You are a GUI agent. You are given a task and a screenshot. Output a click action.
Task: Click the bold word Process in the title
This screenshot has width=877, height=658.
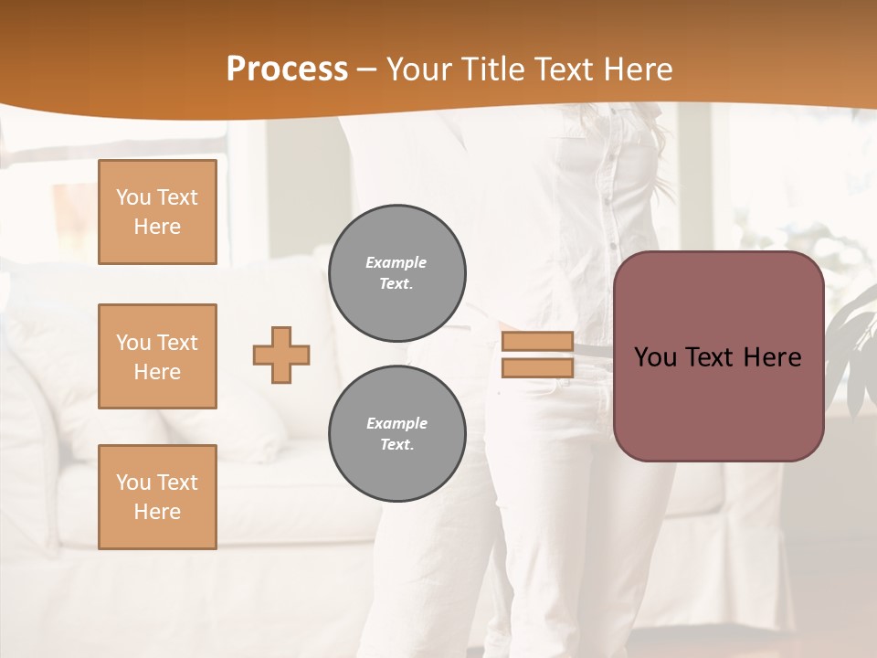(287, 69)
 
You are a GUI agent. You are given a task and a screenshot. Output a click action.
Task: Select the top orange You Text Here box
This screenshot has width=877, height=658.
(157, 212)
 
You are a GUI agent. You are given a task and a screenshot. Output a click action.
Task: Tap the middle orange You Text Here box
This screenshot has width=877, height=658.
(157, 356)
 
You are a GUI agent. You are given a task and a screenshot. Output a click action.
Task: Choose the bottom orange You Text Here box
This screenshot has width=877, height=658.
(157, 497)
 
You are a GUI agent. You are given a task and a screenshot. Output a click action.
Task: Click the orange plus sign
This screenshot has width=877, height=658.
(281, 355)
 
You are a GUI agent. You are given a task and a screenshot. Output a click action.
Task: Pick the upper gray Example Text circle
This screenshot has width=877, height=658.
(397, 273)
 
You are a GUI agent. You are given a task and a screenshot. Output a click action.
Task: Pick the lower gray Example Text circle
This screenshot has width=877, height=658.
(397, 434)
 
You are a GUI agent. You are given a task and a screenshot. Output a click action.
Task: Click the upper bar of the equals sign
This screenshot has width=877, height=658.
(537, 342)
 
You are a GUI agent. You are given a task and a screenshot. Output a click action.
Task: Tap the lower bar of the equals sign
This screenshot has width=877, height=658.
(537, 367)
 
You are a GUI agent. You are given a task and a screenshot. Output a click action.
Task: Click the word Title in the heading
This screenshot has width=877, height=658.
(493, 69)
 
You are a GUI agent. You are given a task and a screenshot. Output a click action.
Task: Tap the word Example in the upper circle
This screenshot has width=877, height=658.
(396, 262)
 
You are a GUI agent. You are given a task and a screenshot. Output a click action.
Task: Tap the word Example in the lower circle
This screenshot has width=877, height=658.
(396, 423)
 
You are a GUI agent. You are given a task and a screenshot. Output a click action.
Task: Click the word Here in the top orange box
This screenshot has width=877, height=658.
(157, 227)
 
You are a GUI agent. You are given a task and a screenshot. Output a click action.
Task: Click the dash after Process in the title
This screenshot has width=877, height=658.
(366, 69)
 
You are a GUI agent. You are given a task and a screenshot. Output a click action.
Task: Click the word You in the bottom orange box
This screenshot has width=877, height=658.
(133, 483)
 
